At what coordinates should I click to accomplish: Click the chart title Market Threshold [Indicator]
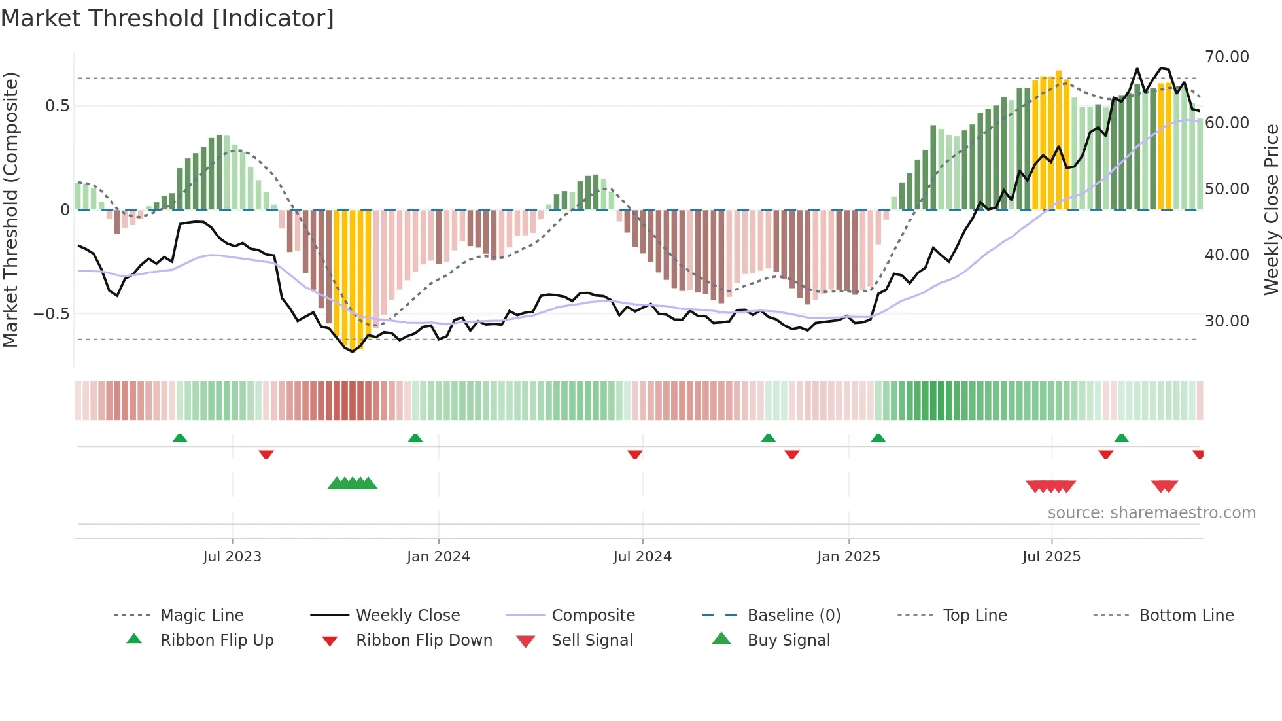[167, 18]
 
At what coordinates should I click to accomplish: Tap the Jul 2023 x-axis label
[232, 557]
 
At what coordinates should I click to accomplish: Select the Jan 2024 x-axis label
[438, 557]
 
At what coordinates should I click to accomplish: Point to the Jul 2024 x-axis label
[642, 557]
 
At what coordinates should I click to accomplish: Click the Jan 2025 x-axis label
[848, 557]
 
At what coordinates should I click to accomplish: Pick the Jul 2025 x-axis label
[1052, 557]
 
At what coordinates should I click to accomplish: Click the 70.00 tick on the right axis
[1226, 57]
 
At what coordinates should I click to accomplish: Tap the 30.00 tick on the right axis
[1226, 321]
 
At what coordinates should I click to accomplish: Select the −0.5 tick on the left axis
[52, 314]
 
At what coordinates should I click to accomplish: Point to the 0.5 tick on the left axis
[57, 106]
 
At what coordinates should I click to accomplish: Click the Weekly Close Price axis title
[1271, 209]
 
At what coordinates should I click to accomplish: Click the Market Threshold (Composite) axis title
[10, 209]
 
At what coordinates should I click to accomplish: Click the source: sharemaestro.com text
[1151, 513]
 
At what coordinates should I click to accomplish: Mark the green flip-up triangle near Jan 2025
[878, 438]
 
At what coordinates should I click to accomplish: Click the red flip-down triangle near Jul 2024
[634, 454]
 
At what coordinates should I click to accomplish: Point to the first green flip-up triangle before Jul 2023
[180, 438]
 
